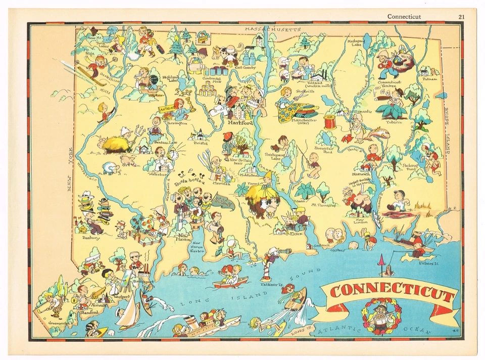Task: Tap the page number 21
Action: [461, 16]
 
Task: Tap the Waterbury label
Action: [159, 174]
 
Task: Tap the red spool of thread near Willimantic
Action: [330, 122]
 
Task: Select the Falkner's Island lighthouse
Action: [265, 273]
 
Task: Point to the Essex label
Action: [296, 234]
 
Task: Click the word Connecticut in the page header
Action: [404, 16]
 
